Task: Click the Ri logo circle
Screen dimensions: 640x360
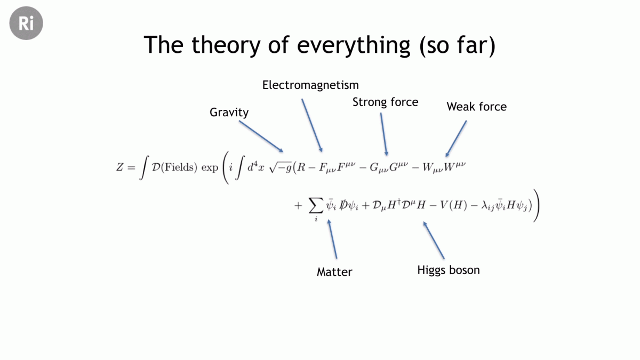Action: [26, 23]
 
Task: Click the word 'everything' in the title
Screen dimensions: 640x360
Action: [354, 45]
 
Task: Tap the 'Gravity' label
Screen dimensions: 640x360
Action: [229, 113]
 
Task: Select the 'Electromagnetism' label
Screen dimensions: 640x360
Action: [310, 85]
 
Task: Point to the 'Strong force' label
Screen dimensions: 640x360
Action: [385, 102]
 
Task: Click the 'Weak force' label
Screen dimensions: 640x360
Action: [477, 107]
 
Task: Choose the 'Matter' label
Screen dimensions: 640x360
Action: [334, 271]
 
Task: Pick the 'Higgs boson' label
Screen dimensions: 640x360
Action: [449, 270]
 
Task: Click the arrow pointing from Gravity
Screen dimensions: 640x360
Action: [261, 137]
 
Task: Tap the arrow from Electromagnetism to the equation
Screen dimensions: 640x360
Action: [312, 125]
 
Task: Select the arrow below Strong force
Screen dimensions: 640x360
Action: [384, 134]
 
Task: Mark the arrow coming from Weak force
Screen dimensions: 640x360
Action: [456, 139]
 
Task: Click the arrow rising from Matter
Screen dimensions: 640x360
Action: [332, 239]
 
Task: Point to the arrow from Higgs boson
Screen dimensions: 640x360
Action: [434, 241]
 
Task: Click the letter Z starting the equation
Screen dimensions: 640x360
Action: [119, 167]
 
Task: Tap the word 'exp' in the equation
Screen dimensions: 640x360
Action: [210, 167]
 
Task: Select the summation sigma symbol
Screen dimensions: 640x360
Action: [316, 205]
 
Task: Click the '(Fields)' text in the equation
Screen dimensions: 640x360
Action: [179, 167]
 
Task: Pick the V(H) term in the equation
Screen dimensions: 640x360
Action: [453, 205]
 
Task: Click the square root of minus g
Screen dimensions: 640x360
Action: [281, 167]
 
